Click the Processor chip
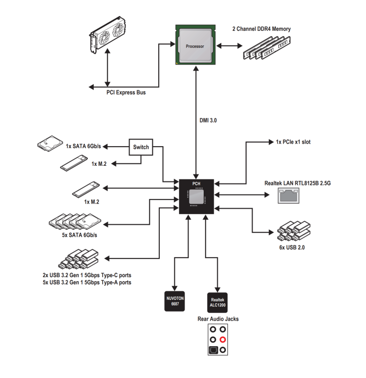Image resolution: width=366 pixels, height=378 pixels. pyautogui.click(x=195, y=44)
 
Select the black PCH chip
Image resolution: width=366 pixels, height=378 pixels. pyautogui.click(x=196, y=196)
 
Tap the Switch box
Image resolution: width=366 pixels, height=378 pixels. pyautogui.click(x=141, y=147)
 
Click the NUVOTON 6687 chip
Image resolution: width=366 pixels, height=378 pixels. pyautogui.click(x=174, y=301)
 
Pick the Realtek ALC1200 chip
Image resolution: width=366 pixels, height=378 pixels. pyautogui.click(x=217, y=302)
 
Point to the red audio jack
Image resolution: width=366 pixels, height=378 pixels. pyautogui.click(x=223, y=340)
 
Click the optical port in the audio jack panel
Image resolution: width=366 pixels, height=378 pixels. pyautogui.click(x=213, y=350)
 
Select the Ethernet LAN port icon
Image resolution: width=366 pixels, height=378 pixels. pyautogui.click(x=288, y=196)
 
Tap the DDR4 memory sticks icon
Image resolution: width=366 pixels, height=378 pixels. pyautogui.click(x=267, y=48)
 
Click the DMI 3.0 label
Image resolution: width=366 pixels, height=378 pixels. pyautogui.click(x=208, y=120)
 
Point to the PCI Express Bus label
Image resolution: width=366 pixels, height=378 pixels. pyautogui.click(x=126, y=92)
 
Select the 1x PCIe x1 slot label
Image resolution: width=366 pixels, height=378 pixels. pyautogui.click(x=293, y=142)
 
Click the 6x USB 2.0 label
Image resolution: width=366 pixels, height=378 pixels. pyautogui.click(x=292, y=247)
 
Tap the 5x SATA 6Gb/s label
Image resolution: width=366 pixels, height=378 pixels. pyautogui.click(x=79, y=235)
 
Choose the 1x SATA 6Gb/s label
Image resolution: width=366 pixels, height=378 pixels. pyautogui.click(x=83, y=146)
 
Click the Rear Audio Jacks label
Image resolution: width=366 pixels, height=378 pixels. pyautogui.click(x=218, y=319)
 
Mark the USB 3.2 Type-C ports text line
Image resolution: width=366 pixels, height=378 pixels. pyautogui.click(x=87, y=275)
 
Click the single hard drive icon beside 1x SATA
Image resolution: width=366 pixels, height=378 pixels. pyautogui.click(x=50, y=144)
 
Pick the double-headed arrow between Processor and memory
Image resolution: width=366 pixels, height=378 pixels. pyautogui.click(x=229, y=45)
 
